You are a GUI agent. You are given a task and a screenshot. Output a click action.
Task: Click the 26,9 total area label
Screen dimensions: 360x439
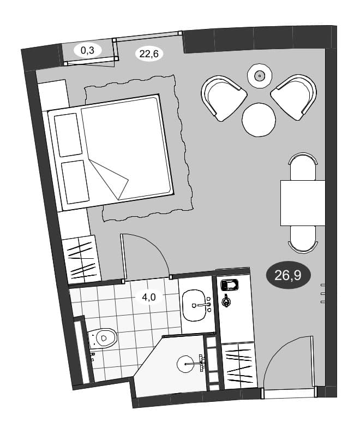click(x=288, y=276)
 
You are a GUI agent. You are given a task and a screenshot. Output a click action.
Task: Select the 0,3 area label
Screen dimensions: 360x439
click(x=88, y=51)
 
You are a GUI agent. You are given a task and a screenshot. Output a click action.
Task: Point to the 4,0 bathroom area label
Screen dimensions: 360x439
click(x=149, y=297)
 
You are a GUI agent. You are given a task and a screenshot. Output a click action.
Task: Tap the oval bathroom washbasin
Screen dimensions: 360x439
click(x=196, y=305)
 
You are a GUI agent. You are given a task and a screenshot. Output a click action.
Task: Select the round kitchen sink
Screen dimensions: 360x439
click(x=187, y=364)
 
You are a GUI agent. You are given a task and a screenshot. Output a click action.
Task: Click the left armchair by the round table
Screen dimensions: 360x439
click(x=223, y=99)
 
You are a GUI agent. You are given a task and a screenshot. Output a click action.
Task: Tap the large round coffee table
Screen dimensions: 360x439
click(x=259, y=120)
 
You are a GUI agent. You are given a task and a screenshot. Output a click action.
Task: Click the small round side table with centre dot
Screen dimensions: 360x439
click(x=260, y=76)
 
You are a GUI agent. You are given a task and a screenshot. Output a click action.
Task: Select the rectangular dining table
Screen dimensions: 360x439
click(x=303, y=203)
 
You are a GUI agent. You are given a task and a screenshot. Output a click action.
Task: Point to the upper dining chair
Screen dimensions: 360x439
click(x=303, y=167)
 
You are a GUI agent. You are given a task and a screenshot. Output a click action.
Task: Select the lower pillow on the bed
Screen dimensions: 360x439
click(x=75, y=182)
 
